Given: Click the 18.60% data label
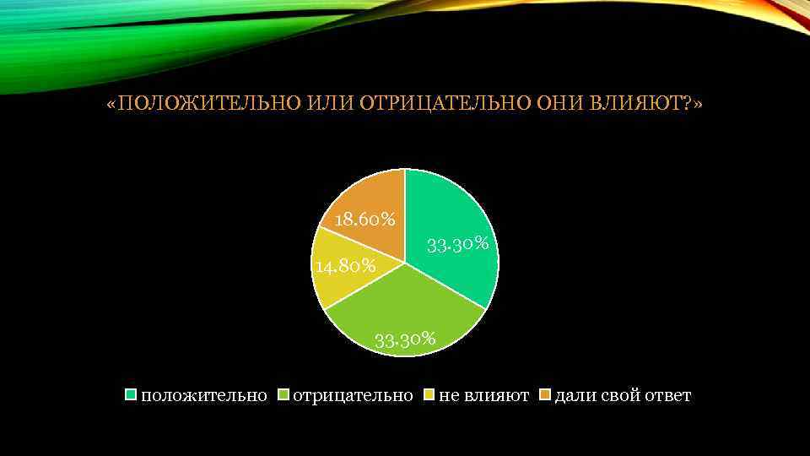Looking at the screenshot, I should pos(365,220).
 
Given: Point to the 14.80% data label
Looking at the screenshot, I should pos(344,267).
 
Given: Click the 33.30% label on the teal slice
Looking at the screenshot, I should pos(459,245).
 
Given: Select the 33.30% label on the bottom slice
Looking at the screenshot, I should pos(405,340).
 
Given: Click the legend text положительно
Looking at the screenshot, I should pos(204,395).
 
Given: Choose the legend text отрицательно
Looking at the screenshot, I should pos(353,395).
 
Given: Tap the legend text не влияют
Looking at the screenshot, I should pos(484,395).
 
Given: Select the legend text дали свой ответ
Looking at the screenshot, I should pos(623,395).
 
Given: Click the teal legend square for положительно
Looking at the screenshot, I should pos(131,395).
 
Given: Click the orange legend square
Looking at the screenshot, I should pos(544,395).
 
